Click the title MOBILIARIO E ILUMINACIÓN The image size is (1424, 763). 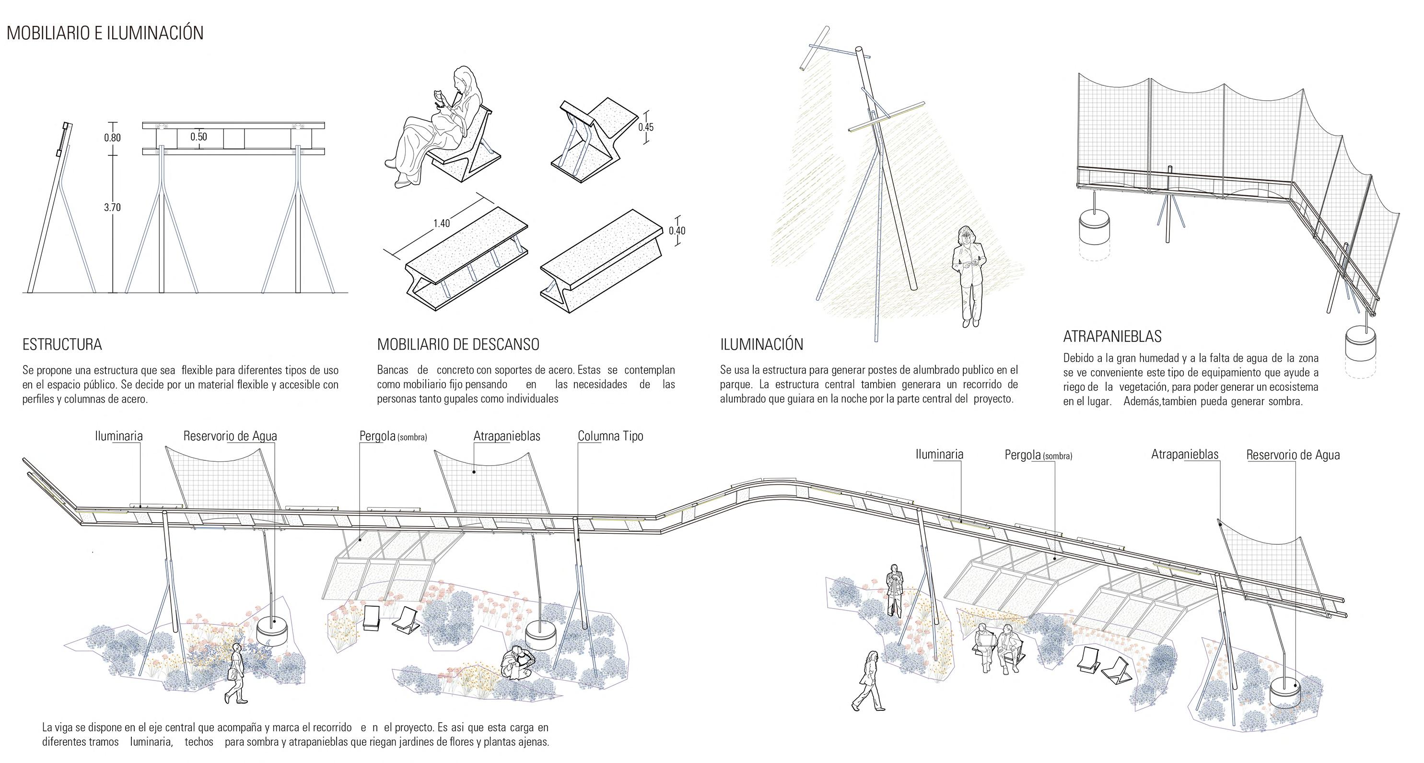(x=105, y=33)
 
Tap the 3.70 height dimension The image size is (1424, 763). (x=112, y=207)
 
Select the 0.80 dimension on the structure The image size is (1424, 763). (x=112, y=138)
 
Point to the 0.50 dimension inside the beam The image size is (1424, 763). (x=198, y=137)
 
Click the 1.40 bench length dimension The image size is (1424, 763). (x=441, y=223)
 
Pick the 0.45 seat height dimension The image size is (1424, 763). (x=646, y=127)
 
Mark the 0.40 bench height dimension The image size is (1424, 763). (x=677, y=231)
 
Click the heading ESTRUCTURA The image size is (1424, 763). (x=62, y=345)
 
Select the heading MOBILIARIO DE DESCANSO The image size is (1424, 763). (x=458, y=344)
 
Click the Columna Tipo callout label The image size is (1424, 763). (x=610, y=436)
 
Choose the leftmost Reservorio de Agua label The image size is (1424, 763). (x=230, y=436)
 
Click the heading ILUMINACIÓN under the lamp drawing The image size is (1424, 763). (x=761, y=344)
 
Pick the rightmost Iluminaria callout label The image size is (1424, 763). (x=939, y=455)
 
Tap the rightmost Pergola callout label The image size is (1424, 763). (x=1038, y=456)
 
